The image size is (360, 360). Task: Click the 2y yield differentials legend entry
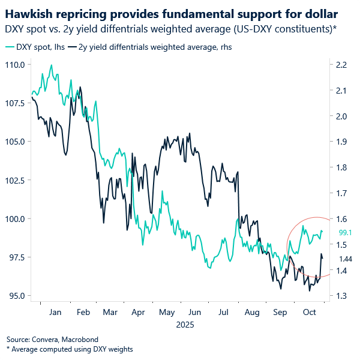(x=150, y=46)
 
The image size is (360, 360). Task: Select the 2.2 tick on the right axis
(x=341, y=64)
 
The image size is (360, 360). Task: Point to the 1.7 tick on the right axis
(x=341, y=193)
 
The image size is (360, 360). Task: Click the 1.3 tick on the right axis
(x=341, y=296)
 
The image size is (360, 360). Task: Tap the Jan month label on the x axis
(x=55, y=313)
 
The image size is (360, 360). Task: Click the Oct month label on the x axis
(x=310, y=313)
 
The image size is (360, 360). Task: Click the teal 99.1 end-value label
(x=344, y=233)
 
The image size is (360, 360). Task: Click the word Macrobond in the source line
(x=79, y=339)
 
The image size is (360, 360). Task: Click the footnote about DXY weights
(x=69, y=349)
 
